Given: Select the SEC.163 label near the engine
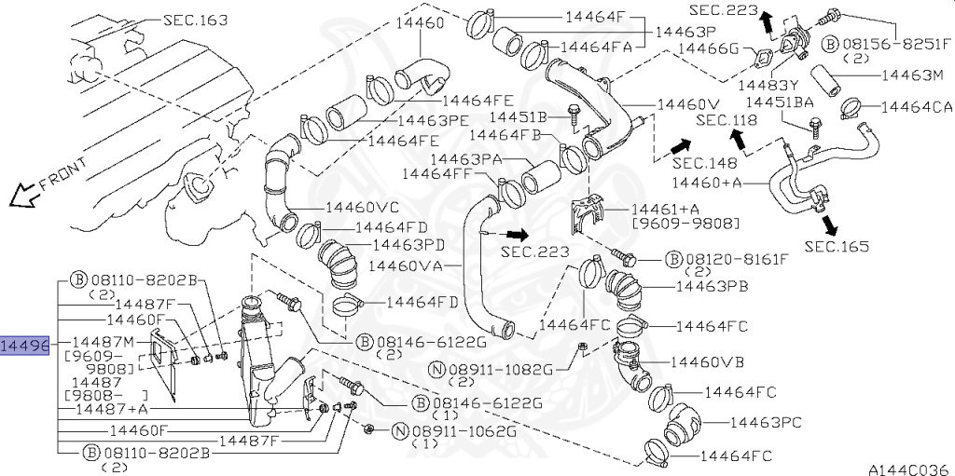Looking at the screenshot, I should coord(195,19).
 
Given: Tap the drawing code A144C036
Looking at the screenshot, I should coord(909,469).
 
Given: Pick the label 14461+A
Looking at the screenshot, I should coord(665,210).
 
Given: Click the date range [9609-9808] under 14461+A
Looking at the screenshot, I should coord(685,224).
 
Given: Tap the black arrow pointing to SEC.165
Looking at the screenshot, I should coord(827,224).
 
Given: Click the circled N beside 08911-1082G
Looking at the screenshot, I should coord(436,369).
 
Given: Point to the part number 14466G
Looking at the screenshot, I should coord(708,48).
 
